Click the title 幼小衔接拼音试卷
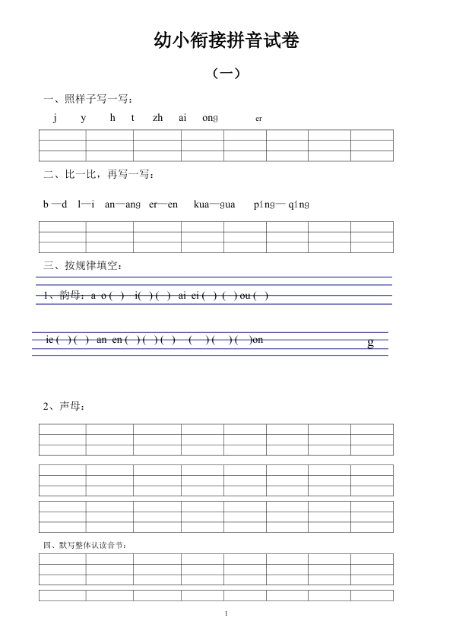pyautogui.click(x=226, y=41)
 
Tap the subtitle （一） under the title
pyautogui.click(x=226, y=74)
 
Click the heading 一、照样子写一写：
pyautogui.click(x=89, y=99)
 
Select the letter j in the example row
pyautogui.click(x=55, y=118)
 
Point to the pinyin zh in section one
pyautogui.click(x=157, y=118)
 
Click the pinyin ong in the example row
pyautogui.click(x=211, y=118)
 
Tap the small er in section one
pyautogui.click(x=258, y=119)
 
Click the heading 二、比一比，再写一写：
pyautogui.click(x=100, y=174)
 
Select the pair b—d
pyautogui.click(x=55, y=204)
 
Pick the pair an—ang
pyautogui.click(x=122, y=204)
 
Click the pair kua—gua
pyautogui.click(x=215, y=204)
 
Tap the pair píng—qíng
pyautogui.click(x=282, y=204)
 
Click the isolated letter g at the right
pyautogui.click(x=371, y=343)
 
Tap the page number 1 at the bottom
pyautogui.click(x=226, y=613)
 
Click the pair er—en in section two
pyautogui.click(x=163, y=204)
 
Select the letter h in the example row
pyautogui.click(x=112, y=118)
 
